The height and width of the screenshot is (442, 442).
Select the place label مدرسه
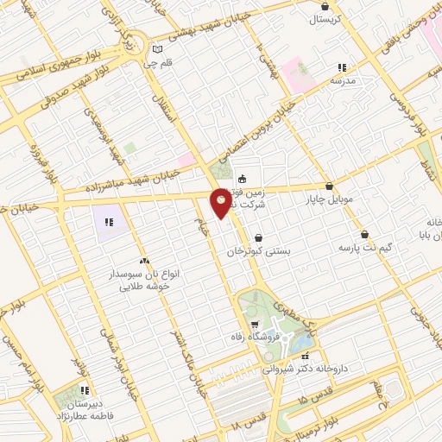[x=344, y=80]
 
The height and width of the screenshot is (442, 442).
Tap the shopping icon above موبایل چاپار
[x=329, y=186]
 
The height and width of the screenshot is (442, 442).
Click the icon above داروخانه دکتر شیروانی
[x=304, y=355]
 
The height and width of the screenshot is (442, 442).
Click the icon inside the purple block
[x=110, y=222]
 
